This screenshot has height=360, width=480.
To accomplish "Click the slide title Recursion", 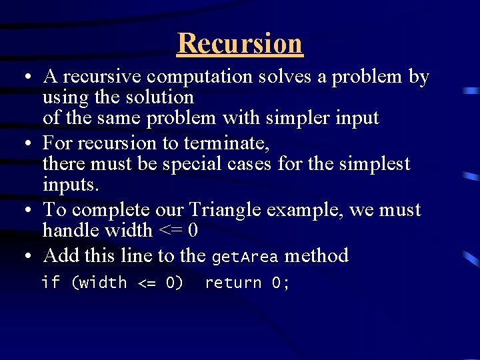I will pos(240,43).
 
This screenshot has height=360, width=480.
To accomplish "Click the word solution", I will pos(158,97).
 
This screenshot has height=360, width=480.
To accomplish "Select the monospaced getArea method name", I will pos(244,257).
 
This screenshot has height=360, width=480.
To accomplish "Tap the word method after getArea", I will pos(316,256).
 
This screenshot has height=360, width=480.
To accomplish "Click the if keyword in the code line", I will pos(50,283).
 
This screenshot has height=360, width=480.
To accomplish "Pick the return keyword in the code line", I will pos(233,283).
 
